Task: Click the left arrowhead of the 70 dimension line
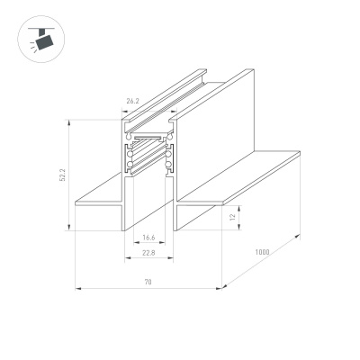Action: click(x=76, y=289)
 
